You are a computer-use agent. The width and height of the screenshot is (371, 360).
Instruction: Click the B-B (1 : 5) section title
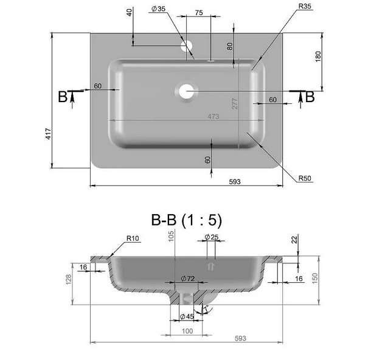coord(187,220)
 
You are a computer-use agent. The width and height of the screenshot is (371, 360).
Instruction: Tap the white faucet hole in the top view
coord(187,45)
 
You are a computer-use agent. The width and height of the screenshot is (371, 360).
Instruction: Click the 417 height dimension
coord(47,134)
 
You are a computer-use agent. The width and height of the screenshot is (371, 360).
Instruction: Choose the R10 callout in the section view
coord(133,238)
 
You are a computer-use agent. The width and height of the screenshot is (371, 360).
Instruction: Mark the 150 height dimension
coord(315,277)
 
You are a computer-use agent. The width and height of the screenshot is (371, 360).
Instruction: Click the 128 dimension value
coord(69,279)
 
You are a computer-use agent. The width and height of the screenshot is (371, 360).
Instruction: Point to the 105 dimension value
coord(172,235)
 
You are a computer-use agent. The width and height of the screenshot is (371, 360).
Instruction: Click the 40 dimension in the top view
coord(130,13)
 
